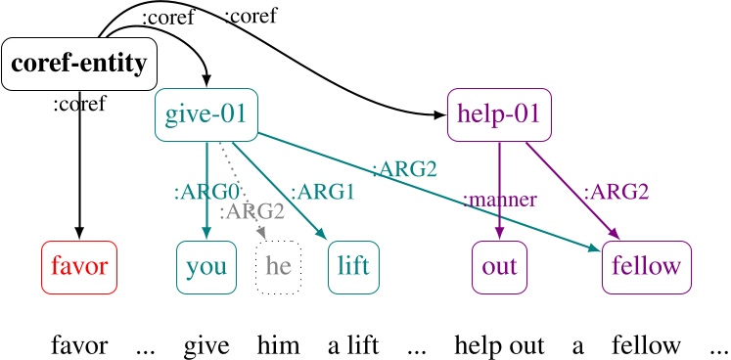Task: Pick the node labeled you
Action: [x=206, y=266]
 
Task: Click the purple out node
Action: [x=499, y=266]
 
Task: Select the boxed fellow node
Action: [x=644, y=266]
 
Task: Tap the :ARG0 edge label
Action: [x=196, y=193]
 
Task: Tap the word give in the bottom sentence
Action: [x=206, y=344]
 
